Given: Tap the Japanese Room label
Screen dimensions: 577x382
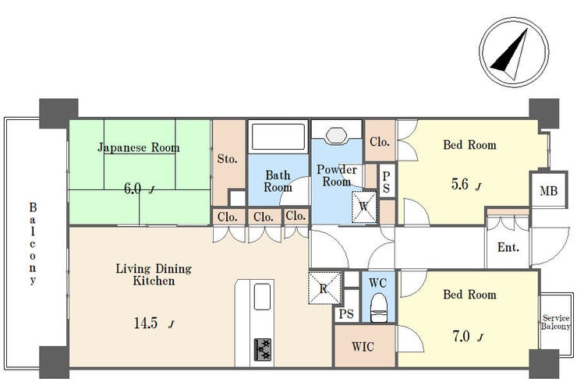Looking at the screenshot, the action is [139, 148].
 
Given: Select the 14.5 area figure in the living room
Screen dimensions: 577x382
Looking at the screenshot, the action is [146, 323].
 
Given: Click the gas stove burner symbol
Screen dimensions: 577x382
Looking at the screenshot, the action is [263, 349].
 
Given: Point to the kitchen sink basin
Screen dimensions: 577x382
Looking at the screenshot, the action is [262, 297].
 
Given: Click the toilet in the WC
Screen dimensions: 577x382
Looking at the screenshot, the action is [378, 308].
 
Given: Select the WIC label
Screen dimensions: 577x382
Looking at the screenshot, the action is [363, 346].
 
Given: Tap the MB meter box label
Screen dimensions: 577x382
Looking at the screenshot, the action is [548, 191].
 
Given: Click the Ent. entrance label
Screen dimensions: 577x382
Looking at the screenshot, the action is [508, 247].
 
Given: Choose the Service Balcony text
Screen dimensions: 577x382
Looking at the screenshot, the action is [556, 322].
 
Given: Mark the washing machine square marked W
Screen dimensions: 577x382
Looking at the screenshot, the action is [364, 207].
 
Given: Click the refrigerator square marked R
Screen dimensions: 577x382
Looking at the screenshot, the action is [324, 288].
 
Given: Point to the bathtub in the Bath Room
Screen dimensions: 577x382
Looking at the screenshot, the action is [278, 137].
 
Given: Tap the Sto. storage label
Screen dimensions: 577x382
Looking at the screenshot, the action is [227, 158].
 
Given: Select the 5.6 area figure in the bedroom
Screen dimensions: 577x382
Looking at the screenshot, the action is [459, 184].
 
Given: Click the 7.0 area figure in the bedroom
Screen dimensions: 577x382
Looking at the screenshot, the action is [462, 336].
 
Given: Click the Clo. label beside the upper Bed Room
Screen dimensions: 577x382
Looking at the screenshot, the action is [380, 142].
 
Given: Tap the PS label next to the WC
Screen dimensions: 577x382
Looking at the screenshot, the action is [346, 314].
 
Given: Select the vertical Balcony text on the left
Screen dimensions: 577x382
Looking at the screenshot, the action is [33, 243].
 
